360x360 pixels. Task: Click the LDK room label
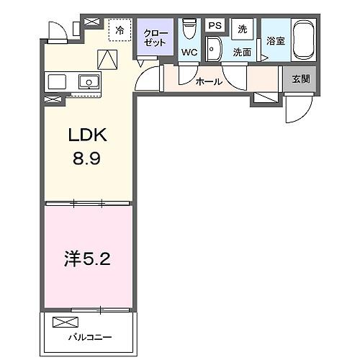coord(87,135)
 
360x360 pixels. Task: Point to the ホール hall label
coord(209,81)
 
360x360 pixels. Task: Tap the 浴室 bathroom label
coord(276,41)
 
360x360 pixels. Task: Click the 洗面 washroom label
coord(241,52)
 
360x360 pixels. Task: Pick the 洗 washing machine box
coord(242,29)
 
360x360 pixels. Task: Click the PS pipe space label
coord(214,26)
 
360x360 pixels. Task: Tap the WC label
coord(189,52)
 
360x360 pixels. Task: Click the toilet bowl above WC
coord(189,29)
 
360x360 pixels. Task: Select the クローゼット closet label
coord(156,37)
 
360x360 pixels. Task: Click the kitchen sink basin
coord(89,81)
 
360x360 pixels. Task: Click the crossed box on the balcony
coord(63,322)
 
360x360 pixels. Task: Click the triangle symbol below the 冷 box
coord(107,58)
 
